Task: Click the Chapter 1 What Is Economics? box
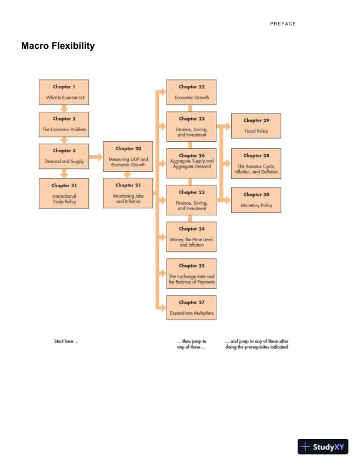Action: [65, 92]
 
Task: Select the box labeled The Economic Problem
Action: [65, 124]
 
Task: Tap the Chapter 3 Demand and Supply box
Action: [65, 155]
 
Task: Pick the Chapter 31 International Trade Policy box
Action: [65, 194]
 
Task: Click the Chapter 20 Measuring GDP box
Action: [128, 156]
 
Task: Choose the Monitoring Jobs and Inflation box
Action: [128, 193]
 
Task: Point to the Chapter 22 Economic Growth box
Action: [191, 92]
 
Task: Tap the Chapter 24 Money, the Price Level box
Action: [191, 236]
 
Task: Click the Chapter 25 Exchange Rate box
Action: [191, 274]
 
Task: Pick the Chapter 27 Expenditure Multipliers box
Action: [191, 308]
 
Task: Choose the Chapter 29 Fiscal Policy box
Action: [256, 125]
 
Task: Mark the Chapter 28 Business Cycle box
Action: [256, 164]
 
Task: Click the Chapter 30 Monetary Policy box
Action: [256, 200]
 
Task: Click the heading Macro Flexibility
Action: [58, 46]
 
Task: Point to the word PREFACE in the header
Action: [283, 24]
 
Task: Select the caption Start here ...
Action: [66, 341]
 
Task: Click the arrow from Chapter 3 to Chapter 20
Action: [96, 157]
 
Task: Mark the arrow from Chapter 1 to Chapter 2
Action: [65, 108]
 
